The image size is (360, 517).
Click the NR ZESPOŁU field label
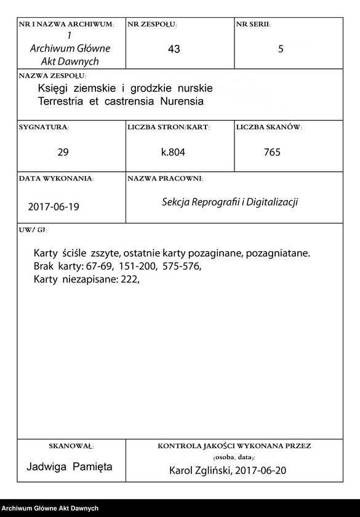[152, 25]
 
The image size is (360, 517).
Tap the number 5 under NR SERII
[281, 50]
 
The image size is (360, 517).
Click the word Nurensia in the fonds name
[182, 100]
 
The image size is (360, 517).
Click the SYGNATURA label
[44, 127]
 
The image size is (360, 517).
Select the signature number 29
[63, 152]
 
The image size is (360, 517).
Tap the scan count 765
[271, 152]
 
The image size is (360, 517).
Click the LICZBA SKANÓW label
[268, 127]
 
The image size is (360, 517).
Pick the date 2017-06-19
[54, 207]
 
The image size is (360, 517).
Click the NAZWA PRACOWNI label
[165, 178]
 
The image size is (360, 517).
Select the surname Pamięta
[92, 467]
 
